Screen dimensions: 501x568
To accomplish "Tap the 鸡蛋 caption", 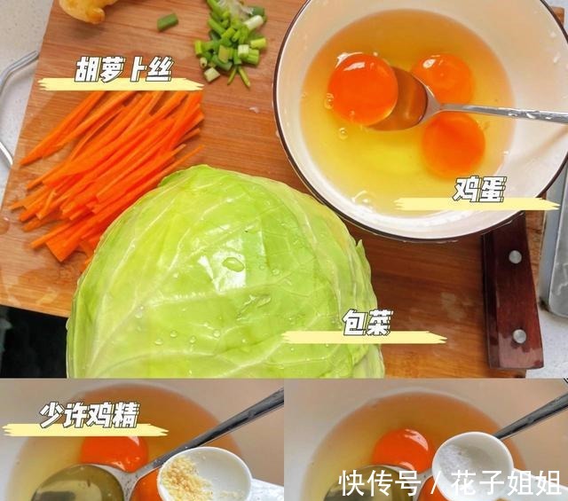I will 478,191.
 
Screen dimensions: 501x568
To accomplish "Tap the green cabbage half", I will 222,284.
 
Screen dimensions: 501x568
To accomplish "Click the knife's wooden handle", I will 512,293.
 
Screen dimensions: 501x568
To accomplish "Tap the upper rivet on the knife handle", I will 515,257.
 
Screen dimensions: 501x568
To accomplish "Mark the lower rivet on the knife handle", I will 519,336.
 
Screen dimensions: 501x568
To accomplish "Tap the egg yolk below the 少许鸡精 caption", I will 114,452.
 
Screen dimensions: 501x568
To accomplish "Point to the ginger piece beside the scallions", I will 89,9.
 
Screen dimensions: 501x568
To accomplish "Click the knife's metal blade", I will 555,248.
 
